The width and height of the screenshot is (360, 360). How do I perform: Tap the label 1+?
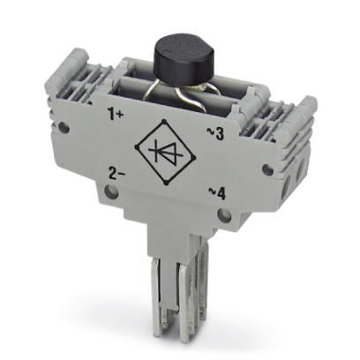coord(114,114)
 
